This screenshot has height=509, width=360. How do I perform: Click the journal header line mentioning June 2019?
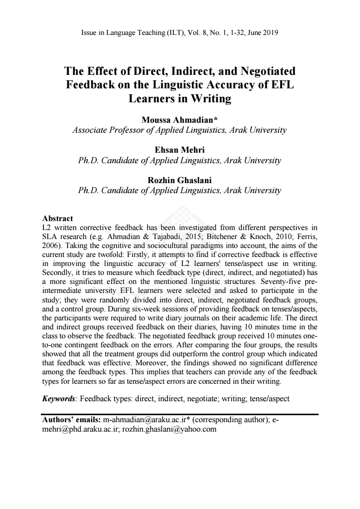pos(180,33)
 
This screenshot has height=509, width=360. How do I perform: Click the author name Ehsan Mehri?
pos(180,150)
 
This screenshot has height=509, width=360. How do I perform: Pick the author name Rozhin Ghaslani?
pos(180,180)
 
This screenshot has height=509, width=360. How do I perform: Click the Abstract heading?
pos(58,219)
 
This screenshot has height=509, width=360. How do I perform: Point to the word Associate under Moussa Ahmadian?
pos(91,130)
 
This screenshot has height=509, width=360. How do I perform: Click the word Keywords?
pos(59,399)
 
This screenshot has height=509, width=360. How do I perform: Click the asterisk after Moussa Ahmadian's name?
pos(215,119)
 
